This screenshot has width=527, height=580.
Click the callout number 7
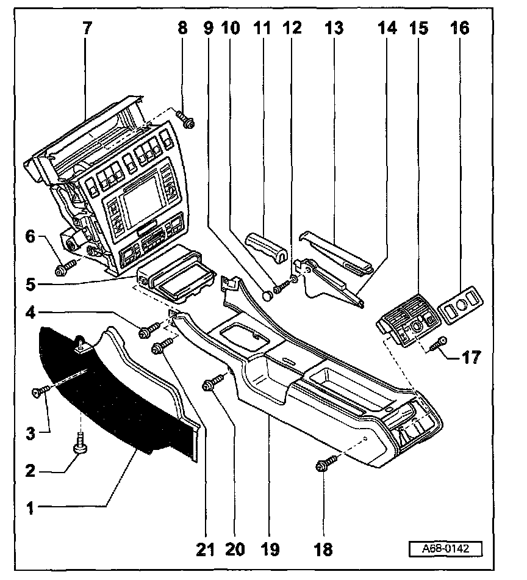85,29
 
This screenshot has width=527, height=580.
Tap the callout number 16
461,28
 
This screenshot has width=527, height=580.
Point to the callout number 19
270,549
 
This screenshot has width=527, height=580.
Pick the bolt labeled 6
64,267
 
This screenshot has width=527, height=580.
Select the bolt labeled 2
79,444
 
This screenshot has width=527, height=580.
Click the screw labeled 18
323,465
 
